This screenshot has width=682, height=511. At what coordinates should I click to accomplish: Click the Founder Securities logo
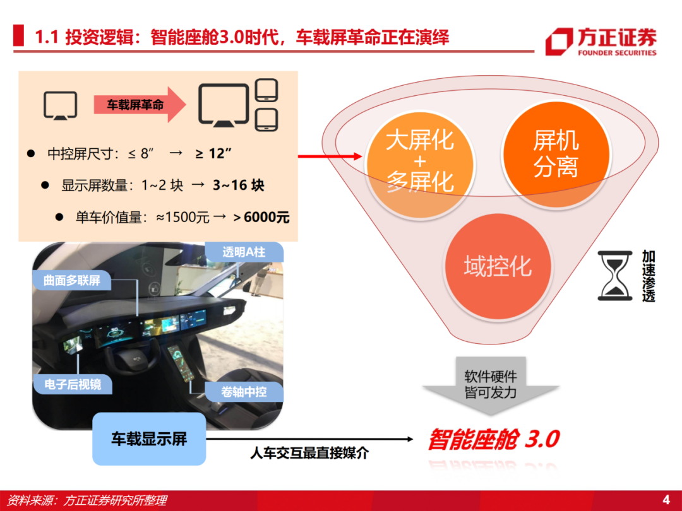(x=601, y=41)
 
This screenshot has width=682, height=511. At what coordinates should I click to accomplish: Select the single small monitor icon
(x=60, y=105)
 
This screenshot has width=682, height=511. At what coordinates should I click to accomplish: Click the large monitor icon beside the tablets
(x=224, y=105)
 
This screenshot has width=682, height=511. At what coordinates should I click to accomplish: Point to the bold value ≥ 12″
(x=213, y=153)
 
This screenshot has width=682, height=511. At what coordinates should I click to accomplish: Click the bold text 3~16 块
(x=238, y=185)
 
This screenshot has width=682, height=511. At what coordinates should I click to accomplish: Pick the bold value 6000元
(x=266, y=217)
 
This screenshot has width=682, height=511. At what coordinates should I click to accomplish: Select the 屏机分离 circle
(x=556, y=154)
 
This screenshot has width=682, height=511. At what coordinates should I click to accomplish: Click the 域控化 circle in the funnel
(x=498, y=266)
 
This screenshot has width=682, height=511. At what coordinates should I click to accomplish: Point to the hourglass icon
(x=614, y=276)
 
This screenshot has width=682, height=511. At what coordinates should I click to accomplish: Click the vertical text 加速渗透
(x=649, y=276)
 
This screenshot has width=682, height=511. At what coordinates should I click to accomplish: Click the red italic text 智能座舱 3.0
(x=494, y=439)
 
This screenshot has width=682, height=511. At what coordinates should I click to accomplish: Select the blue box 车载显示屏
(x=149, y=439)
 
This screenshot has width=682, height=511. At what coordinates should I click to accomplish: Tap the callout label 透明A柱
(x=244, y=252)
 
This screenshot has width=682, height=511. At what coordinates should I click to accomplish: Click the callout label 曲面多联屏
(x=72, y=280)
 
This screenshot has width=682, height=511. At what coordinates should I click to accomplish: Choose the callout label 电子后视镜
(x=73, y=385)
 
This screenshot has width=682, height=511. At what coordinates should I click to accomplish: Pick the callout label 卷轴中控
(x=244, y=392)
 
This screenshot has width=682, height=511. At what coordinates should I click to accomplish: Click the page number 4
(x=666, y=500)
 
